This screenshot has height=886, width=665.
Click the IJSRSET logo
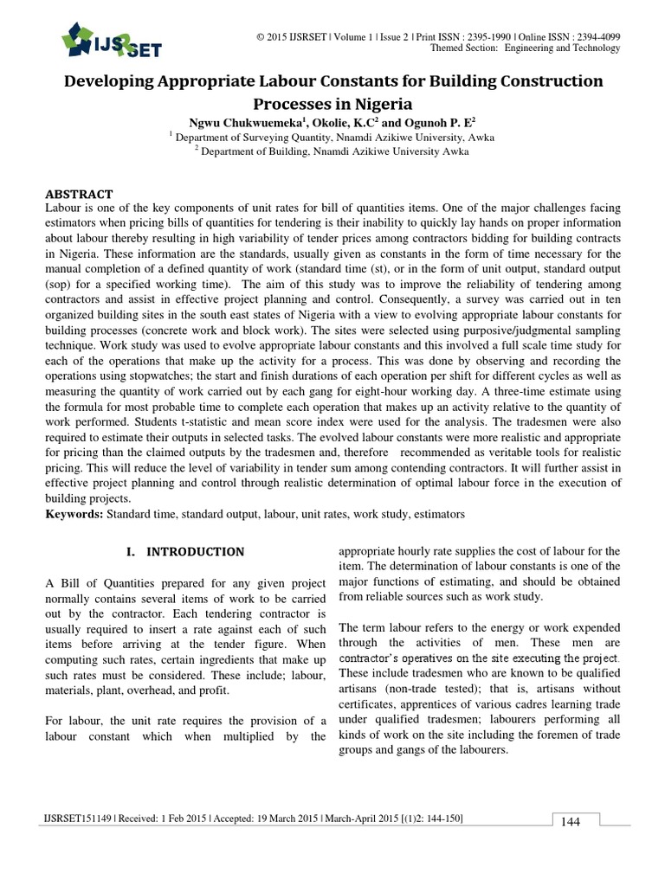click(x=111, y=39)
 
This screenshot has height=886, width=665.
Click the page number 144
click(x=570, y=821)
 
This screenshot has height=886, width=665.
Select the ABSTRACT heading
click(x=79, y=194)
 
